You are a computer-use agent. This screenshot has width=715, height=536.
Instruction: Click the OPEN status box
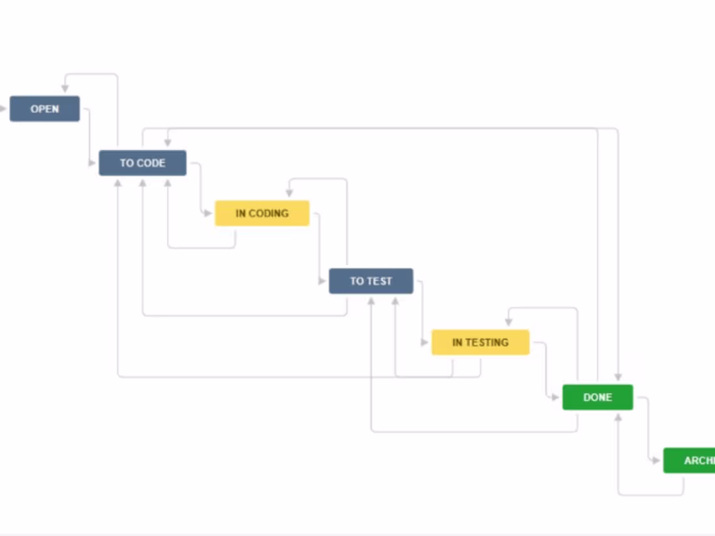(x=44, y=108)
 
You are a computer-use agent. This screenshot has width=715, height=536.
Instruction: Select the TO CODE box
(x=142, y=163)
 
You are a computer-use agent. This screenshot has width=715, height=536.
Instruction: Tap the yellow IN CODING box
(x=262, y=213)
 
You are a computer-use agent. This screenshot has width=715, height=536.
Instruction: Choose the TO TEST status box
(x=370, y=281)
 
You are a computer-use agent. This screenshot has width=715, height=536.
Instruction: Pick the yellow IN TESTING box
(x=480, y=342)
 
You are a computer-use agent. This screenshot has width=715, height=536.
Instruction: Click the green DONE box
(x=597, y=397)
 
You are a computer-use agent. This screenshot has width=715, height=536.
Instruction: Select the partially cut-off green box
(x=689, y=461)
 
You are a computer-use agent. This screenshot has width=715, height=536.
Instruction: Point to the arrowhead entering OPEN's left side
(x=3, y=108)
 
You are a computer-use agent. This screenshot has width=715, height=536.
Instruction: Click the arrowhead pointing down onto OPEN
(x=65, y=88)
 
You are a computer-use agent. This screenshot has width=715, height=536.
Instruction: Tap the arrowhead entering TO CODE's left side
(x=92, y=163)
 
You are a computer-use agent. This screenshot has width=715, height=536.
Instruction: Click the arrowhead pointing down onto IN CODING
(x=289, y=193)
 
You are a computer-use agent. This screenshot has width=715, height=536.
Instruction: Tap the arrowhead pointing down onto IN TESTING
(x=509, y=322)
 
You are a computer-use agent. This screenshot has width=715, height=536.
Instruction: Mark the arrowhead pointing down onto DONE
(x=618, y=377)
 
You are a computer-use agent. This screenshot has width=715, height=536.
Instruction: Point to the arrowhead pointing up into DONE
(x=618, y=417)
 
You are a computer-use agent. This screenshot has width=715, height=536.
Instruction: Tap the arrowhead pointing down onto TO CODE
(x=168, y=143)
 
